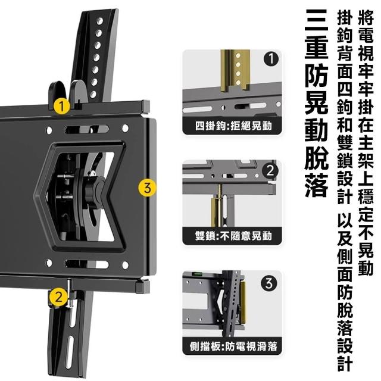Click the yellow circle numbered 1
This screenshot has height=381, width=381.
pos(62,106)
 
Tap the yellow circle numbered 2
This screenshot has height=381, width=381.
pos(58,296)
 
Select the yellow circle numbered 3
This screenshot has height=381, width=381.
pos(147,188)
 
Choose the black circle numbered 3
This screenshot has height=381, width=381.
pos(268,283)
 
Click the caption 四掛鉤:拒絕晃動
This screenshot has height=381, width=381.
pos(233,126)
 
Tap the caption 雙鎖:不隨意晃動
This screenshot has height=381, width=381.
pos(233,236)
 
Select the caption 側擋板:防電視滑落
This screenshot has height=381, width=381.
pos(233,346)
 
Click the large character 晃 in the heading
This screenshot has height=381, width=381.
pos(317,103)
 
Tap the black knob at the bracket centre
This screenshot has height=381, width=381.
pos(94,192)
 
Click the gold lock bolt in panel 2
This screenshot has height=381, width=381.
pos(218,206)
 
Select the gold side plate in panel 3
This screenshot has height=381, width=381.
pos(243,302)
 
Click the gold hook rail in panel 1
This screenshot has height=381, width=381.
pos(235,70)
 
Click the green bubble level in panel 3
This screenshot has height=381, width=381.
pos(198,274)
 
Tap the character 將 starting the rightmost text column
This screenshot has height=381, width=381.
pos(366,17)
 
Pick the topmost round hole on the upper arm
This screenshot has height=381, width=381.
pos(99,21)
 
